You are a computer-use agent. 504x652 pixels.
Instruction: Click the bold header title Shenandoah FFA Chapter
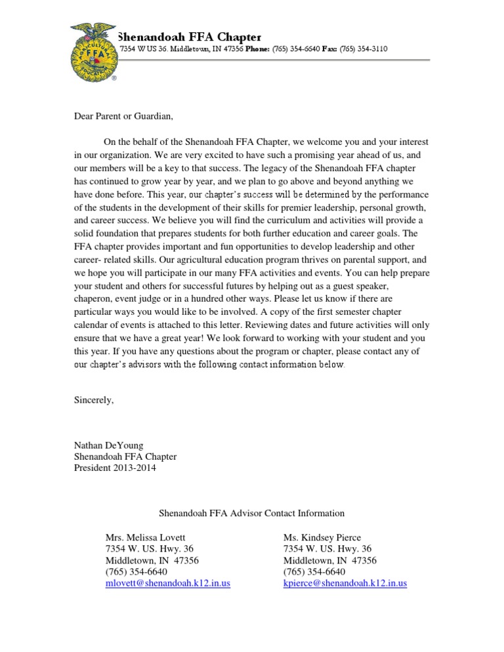[189, 37]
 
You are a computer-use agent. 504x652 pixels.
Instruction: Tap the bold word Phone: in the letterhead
[260, 49]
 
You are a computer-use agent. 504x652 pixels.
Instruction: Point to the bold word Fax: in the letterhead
[329, 49]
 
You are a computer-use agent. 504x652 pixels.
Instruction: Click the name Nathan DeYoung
[109, 445]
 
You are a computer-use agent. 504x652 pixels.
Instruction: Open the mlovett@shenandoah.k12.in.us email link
[168, 582]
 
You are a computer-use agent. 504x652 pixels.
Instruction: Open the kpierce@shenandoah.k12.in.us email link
[345, 582]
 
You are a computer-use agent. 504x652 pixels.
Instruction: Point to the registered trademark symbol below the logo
[114, 77]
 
